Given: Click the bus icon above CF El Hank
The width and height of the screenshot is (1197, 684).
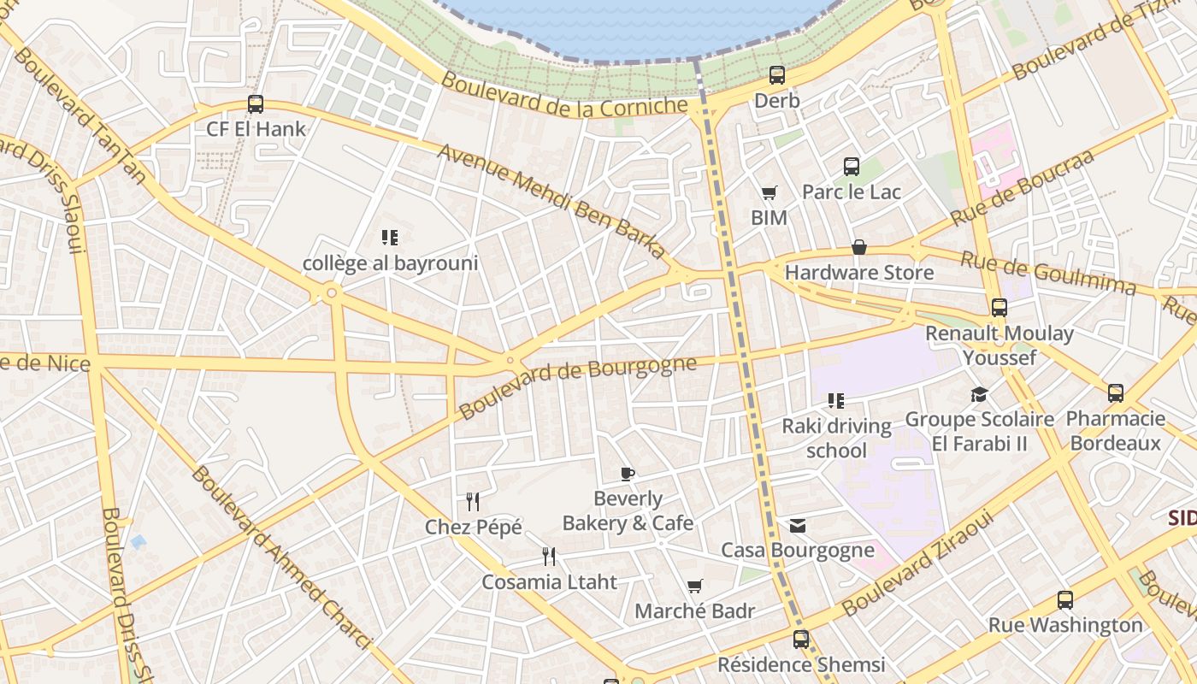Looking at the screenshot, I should (x=255, y=104).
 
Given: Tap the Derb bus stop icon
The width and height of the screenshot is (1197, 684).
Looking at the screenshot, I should (x=776, y=75).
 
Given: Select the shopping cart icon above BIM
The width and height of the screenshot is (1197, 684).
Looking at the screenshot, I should (x=769, y=194).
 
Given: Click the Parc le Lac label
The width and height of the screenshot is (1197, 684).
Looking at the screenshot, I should (x=851, y=192).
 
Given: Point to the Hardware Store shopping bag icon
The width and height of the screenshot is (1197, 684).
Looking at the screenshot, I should (x=859, y=248).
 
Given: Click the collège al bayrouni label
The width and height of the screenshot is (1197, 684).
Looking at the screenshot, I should (x=390, y=263).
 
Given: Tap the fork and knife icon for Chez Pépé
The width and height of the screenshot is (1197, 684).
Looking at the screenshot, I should (x=473, y=501).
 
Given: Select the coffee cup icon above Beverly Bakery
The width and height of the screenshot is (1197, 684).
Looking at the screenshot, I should (x=628, y=474).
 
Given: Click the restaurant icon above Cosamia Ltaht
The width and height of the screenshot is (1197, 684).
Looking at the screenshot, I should (x=549, y=557).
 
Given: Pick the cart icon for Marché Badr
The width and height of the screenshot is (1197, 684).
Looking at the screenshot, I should (x=694, y=587).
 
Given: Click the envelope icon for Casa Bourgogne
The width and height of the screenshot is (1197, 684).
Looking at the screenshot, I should (x=797, y=525).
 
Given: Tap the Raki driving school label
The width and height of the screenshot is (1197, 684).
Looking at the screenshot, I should (x=836, y=438).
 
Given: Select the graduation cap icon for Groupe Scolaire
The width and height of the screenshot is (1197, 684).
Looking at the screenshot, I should (x=979, y=394).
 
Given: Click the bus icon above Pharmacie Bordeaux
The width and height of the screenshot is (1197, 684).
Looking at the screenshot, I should (x=1115, y=393).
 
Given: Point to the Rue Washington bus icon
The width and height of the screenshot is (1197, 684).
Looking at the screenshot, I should (x=1064, y=600).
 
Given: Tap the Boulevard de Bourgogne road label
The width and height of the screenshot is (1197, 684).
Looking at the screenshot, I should (x=577, y=386).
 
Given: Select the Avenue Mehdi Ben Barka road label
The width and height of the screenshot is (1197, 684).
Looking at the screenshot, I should (x=551, y=200).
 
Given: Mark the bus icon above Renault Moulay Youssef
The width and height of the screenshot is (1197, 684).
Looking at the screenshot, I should (x=999, y=308).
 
